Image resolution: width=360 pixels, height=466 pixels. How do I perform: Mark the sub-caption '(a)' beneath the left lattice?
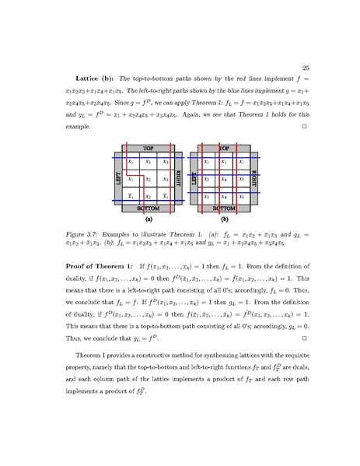149,220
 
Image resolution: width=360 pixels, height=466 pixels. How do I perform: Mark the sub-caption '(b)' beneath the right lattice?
225,220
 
